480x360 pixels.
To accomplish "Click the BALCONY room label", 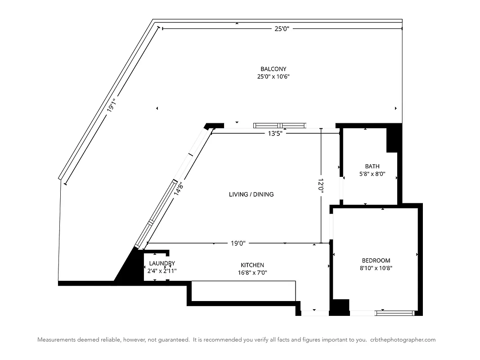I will pos(273,69).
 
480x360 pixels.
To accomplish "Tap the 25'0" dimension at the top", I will pos(282,29).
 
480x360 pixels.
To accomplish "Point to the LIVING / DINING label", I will pos(251,194).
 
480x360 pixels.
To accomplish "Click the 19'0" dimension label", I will pos(238,243).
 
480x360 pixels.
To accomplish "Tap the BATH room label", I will pos(372,166).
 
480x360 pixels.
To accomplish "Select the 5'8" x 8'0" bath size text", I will pos(372,174).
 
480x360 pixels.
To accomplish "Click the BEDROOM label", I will pos(376,261).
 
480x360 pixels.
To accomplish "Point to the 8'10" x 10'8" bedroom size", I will pos(376,268).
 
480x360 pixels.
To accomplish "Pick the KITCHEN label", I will pos(252,265).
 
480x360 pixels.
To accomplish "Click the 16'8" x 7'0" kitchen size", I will pos(252,272).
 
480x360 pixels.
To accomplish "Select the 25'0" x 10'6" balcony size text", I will pos(273,76).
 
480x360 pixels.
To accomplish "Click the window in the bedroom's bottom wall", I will pos(394,311).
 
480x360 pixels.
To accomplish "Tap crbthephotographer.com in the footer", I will pos(403,340).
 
